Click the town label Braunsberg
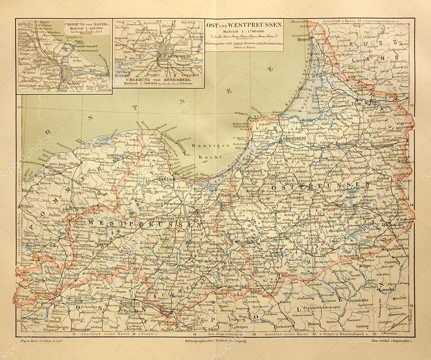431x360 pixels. [239, 171]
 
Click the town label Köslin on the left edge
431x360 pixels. [29, 190]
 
